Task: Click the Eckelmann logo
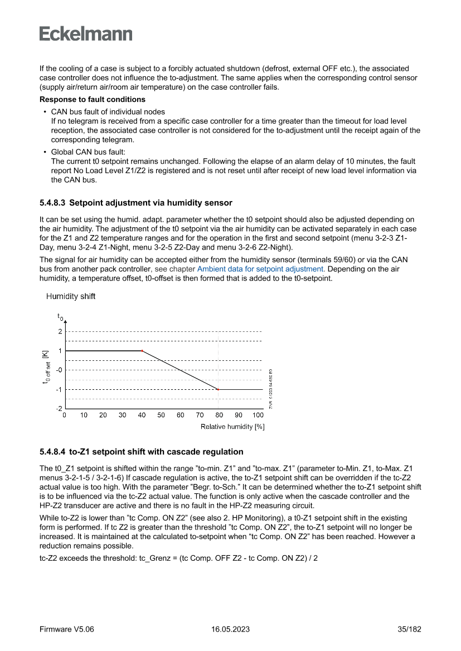tap(86, 34)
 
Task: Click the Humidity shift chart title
tap(70, 296)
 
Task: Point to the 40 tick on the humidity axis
tap(142, 415)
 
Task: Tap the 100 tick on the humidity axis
tap(258, 415)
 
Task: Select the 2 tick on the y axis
tap(60, 331)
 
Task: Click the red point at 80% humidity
tap(219, 389)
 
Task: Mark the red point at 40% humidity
tap(142, 351)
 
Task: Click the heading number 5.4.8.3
tap(52, 203)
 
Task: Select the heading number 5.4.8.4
tap(52, 452)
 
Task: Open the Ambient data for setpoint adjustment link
tap(261, 269)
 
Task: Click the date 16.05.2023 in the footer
tap(230, 629)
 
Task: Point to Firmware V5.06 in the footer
tap(67, 629)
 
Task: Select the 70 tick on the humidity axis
tap(200, 415)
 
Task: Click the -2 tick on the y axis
tap(59, 408)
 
